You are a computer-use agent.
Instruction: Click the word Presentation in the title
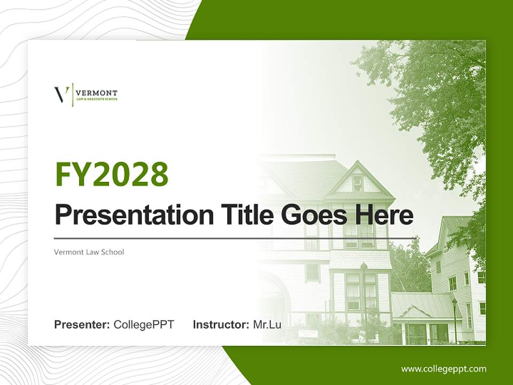(x=126, y=215)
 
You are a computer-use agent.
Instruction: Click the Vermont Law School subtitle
(x=89, y=251)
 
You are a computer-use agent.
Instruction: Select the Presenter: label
(x=82, y=325)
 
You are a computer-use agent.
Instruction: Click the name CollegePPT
(x=144, y=325)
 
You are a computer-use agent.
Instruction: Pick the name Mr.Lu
(x=267, y=325)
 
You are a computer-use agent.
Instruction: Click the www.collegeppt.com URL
(x=444, y=368)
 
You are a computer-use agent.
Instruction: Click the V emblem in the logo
(x=61, y=95)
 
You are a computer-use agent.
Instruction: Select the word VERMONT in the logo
(x=97, y=93)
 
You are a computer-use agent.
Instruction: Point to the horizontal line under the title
(x=235, y=238)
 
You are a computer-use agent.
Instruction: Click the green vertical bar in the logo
(x=72, y=95)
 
